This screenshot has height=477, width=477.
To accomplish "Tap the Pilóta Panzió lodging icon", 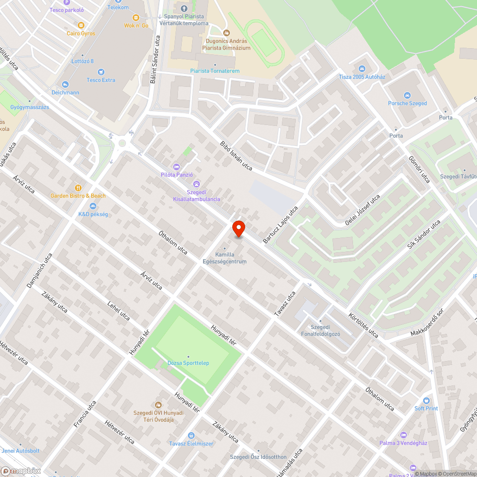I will coord(177,166).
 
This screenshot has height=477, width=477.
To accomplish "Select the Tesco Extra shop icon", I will coord(101,72).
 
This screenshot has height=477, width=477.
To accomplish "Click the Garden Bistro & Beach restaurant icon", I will coord(78,188).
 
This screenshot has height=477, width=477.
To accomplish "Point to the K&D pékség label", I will coord(93,214).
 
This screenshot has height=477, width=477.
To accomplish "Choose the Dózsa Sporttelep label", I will coord(188,363).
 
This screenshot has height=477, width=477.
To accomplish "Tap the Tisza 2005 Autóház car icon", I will coord(362,69).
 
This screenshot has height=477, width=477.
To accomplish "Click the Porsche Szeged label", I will coord(407,103).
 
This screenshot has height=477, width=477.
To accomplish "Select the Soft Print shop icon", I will coord(426,401).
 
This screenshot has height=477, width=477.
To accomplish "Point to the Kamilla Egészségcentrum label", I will coord(231,258).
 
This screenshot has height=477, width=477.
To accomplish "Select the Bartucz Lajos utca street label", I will coord(280,225).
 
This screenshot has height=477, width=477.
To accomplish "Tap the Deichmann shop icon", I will coord(65,84).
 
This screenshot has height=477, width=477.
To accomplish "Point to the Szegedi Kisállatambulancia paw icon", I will coord(197,184).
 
